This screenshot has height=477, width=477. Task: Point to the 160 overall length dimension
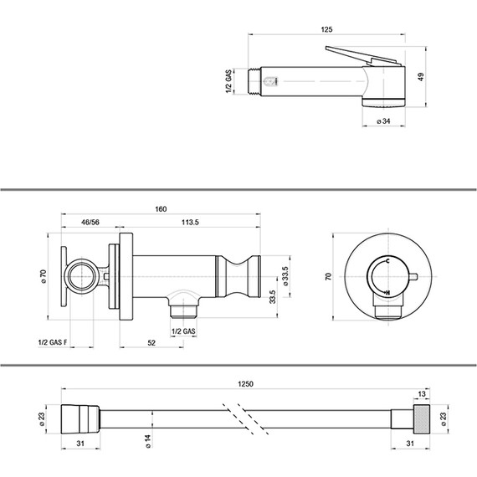161,209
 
